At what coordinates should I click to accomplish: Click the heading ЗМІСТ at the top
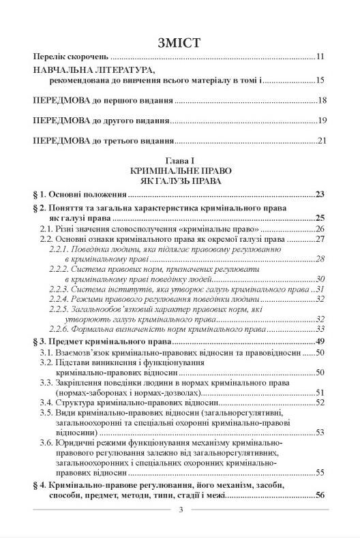tap(179, 42)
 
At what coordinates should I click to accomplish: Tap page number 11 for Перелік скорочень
tap(322, 57)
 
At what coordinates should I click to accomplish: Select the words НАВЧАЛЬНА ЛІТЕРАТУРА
tap(93, 70)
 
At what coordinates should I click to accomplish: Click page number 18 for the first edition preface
tap(322, 101)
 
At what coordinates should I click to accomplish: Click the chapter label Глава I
tap(179, 159)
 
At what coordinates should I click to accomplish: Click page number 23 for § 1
tap(320, 195)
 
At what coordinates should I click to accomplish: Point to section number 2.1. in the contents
tap(47, 229)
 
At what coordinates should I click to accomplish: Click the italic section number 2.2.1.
tap(59, 250)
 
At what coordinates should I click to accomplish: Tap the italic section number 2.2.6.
tap(59, 329)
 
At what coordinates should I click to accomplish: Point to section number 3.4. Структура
tap(47, 403)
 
